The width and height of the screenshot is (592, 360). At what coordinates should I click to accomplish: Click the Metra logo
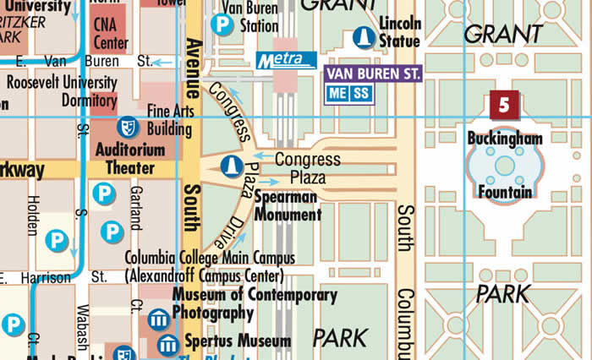[x=286, y=60]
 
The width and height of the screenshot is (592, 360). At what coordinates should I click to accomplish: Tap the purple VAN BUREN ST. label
[x=373, y=74]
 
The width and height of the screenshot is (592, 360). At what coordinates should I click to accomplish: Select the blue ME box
[x=338, y=93]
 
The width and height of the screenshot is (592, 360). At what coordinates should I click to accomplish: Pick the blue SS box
[x=362, y=93]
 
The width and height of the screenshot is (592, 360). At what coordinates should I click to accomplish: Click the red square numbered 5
[x=504, y=106]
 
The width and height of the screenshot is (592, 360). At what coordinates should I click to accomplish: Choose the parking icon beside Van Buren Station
[x=222, y=25]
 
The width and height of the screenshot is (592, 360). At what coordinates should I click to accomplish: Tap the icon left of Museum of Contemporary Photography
[x=158, y=319]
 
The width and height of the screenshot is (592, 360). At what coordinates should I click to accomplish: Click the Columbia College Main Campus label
[x=209, y=266]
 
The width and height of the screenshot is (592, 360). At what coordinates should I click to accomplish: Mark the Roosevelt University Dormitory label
[x=62, y=90]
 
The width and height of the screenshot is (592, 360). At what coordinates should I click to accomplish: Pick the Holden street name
[x=32, y=214]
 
